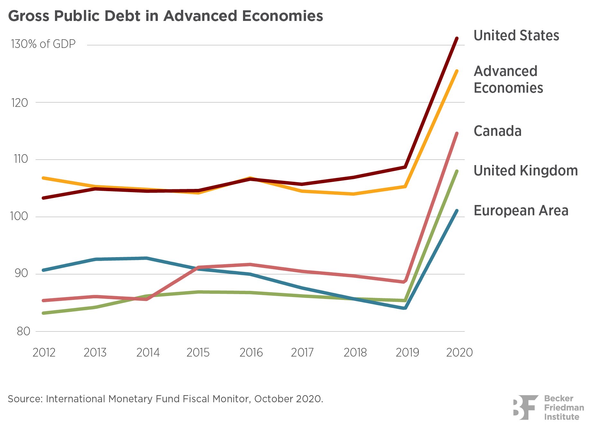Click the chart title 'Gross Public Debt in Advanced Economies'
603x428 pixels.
[x=166, y=16]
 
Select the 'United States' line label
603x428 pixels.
[x=516, y=35]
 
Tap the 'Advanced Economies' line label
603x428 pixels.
[x=508, y=79]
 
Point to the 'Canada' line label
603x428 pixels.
[x=497, y=131]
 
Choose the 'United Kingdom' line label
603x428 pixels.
[x=526, y=171]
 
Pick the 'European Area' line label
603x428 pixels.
[x=521, y=210]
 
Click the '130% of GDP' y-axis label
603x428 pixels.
[x=43, y=44]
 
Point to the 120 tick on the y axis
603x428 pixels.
[x=20, y=103]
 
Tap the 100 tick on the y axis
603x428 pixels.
[x=19, y=216]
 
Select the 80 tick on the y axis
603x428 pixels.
[x=23, y=331]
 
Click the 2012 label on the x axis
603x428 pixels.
[x=44, y=353]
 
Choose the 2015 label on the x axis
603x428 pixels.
[x=198, y=353]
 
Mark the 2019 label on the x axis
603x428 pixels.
[x=407, y=353]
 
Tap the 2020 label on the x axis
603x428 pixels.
[x=459, y=353]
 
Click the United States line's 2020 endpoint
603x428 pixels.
[x=457, y=39]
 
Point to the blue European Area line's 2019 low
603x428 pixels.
[x=405, y=308]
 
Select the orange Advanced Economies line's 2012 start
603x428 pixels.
[x=43, y=178]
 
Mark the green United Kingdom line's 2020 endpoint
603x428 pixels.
[x=457, y=171]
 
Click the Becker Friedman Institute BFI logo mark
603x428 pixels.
[x=525, y=407]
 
